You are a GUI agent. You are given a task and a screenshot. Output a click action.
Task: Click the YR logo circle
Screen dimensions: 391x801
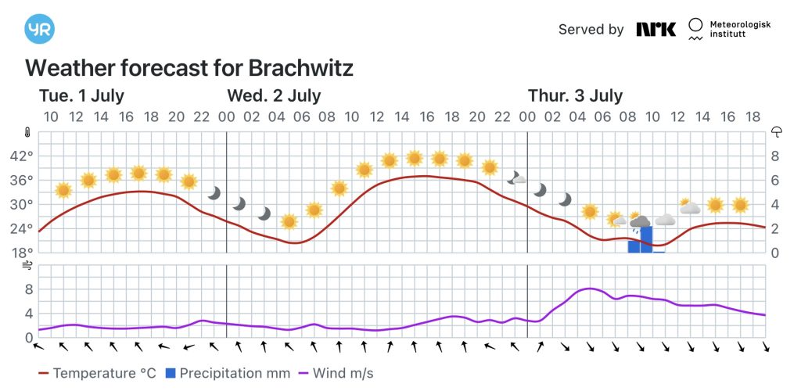[x=39, y=29]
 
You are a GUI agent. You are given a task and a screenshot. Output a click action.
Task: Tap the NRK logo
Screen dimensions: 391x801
[x=656, y=29]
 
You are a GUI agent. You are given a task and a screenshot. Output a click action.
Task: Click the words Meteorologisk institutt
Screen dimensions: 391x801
[x=739, y=30]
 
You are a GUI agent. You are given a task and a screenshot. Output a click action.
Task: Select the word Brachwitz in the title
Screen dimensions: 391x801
[x=303, y=68]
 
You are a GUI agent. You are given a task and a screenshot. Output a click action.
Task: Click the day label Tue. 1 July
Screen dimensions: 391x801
[x=81, y=96]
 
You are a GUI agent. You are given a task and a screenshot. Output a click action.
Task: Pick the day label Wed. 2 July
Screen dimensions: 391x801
[x=274, y=96]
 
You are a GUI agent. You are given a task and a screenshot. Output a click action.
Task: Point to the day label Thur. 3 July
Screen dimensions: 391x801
[x=575, y=96]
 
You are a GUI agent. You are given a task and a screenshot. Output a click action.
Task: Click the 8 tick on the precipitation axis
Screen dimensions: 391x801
[x=775, y=156]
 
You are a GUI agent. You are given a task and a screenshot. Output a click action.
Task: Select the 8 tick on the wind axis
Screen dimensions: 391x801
[x=28, y=289]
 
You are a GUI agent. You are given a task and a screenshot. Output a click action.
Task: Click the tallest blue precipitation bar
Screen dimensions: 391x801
[x=646, y=239]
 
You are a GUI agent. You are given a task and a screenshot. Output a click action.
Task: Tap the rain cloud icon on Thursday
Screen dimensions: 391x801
[x=640, y=223]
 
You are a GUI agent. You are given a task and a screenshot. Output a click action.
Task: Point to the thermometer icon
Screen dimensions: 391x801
[x=27, y=132]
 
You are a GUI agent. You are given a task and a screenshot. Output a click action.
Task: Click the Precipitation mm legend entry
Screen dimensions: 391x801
[x=228, y=373]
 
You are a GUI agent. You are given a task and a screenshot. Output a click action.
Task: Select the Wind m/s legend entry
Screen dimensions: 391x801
[x=336, y=373]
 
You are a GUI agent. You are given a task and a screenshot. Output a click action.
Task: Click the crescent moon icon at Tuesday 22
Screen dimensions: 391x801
[x=214, y=192]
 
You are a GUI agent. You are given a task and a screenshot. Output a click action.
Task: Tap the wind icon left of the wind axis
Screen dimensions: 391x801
[x=28, y=266]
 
